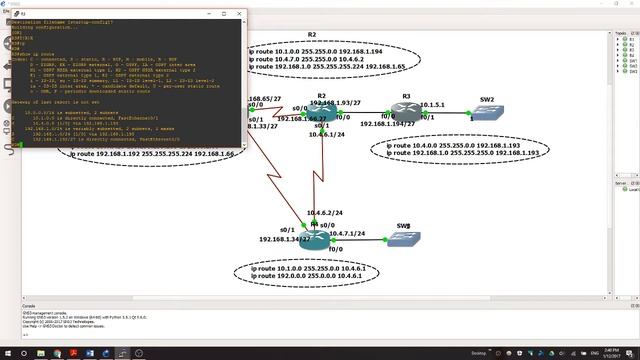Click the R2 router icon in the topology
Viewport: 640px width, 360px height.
319,114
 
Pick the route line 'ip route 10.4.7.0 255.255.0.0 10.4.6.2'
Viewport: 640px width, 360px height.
320,59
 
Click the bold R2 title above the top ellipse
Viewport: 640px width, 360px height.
311,35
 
